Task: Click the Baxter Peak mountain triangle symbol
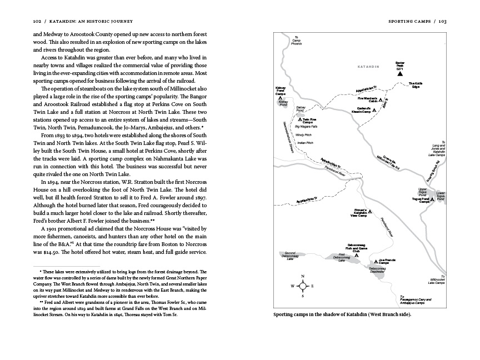point(399,73)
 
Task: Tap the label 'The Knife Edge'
point(419,86)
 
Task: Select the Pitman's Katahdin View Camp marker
point(371,212)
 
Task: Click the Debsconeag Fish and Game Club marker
point(356,256)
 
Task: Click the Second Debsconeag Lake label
point(289,256)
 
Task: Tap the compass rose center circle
point(302,286)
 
